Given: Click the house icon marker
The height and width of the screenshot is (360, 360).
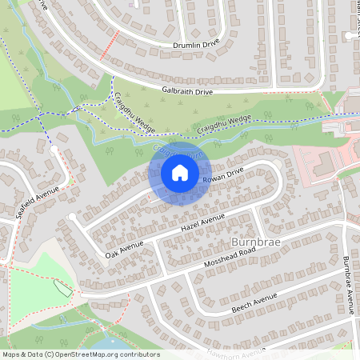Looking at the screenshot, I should point(179,173).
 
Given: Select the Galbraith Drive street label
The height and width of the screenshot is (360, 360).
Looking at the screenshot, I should point(186,92).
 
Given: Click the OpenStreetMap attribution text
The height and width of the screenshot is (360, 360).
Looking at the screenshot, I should point(81,354).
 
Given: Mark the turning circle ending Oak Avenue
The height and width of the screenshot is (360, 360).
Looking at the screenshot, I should point(73,217).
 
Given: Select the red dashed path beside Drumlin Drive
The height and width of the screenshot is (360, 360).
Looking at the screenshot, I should point(110,45).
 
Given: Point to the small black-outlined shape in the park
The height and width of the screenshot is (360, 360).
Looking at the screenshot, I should point(62,288).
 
